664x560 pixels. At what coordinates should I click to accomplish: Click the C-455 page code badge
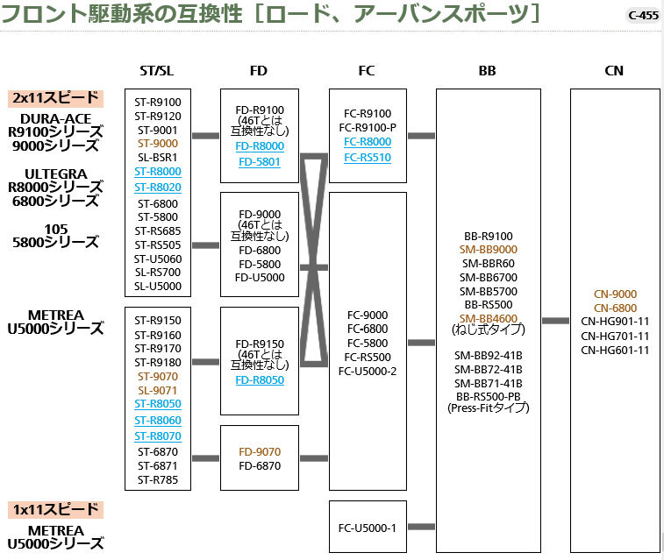click(643, 15)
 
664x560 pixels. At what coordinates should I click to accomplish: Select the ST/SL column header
click(157, 71)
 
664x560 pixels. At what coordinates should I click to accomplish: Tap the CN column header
click(614, 71)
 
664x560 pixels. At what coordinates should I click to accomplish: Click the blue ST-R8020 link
click(158, 188)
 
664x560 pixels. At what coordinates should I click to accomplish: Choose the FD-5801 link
click(259, 162)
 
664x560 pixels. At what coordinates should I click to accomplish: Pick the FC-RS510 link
click(368, 158)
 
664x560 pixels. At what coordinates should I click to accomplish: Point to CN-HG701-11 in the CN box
click(615, 336)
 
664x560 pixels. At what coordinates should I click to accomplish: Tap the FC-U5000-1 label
click(368, 527)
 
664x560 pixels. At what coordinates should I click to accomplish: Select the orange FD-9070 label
click(260, 452)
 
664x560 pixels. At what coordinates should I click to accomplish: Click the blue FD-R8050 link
click(259, 380)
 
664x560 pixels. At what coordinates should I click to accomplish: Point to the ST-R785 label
click(158, 479)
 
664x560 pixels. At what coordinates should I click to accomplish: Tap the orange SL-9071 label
click(158, 390)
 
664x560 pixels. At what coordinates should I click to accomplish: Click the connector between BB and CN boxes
click(555, 321)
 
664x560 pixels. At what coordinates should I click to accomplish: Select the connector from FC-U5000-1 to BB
click(422, 527)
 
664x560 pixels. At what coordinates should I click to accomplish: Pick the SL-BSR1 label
click(158, 157)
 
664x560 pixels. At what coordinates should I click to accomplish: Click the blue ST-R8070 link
click(158, 436)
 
